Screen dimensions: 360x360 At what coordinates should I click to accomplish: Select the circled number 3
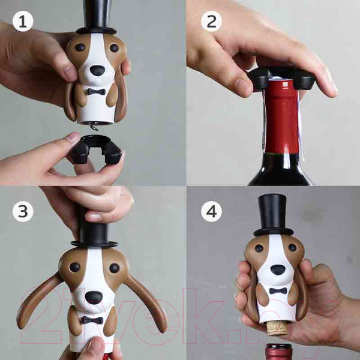click(23, 211)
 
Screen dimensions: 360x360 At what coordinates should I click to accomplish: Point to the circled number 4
click(211, 211)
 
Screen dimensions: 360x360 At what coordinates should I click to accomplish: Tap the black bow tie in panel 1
click(95, 92)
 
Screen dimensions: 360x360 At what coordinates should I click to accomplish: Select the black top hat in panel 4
click(273, 213)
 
